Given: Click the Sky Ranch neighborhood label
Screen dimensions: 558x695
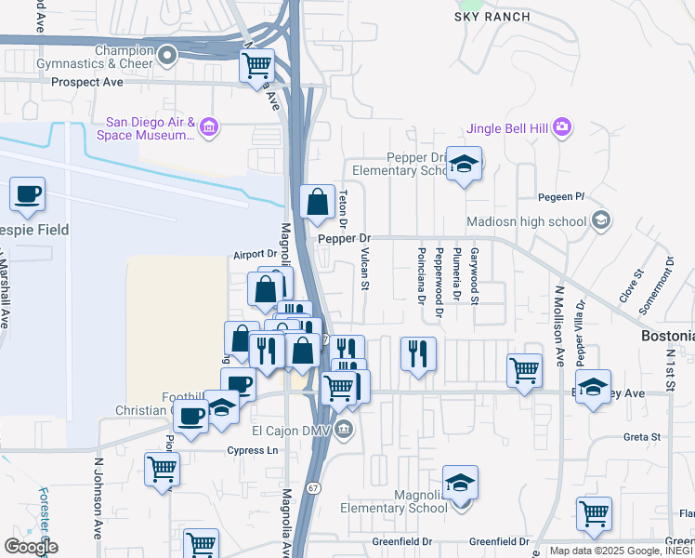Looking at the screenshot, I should [x=492, y=17].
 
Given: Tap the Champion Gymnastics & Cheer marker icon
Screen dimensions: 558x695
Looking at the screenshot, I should [x=167, y=57].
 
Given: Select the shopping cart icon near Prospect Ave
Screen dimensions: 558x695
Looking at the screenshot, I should [x=256, y=66].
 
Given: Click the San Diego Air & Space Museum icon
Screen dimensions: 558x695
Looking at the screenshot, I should [x=210, y=126].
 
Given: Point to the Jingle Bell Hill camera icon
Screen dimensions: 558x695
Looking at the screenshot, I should [x=561, y=126].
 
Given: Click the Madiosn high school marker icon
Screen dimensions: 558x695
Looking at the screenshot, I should [x=601, y=220].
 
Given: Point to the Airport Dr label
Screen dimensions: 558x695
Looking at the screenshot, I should [x=256, y=254].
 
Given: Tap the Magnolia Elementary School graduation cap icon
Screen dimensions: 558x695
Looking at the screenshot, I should [x=459, y=484].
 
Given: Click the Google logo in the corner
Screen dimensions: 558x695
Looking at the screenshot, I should [x=30, y=546].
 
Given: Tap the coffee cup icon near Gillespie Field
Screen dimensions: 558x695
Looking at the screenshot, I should [x=27, y=194].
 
